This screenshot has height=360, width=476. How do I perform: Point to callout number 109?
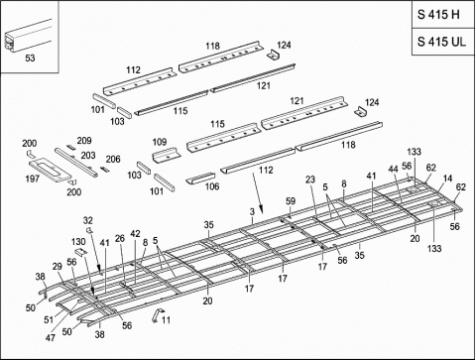159,143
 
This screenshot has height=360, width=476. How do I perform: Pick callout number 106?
210,185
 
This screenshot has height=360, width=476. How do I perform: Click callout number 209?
84,141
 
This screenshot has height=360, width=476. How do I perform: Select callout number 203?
88,156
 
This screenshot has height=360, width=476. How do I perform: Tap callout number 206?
113,160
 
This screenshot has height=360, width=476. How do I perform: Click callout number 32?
87,220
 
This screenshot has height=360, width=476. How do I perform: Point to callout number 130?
78,242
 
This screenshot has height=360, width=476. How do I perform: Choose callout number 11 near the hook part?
166,319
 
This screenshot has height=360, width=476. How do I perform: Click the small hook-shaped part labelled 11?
155,314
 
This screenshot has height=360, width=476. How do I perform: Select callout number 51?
48,319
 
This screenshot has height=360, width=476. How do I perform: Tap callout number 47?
50,339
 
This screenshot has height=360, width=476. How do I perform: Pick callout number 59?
291,202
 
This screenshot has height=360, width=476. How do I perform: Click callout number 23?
310,180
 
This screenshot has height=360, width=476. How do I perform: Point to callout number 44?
393,170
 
